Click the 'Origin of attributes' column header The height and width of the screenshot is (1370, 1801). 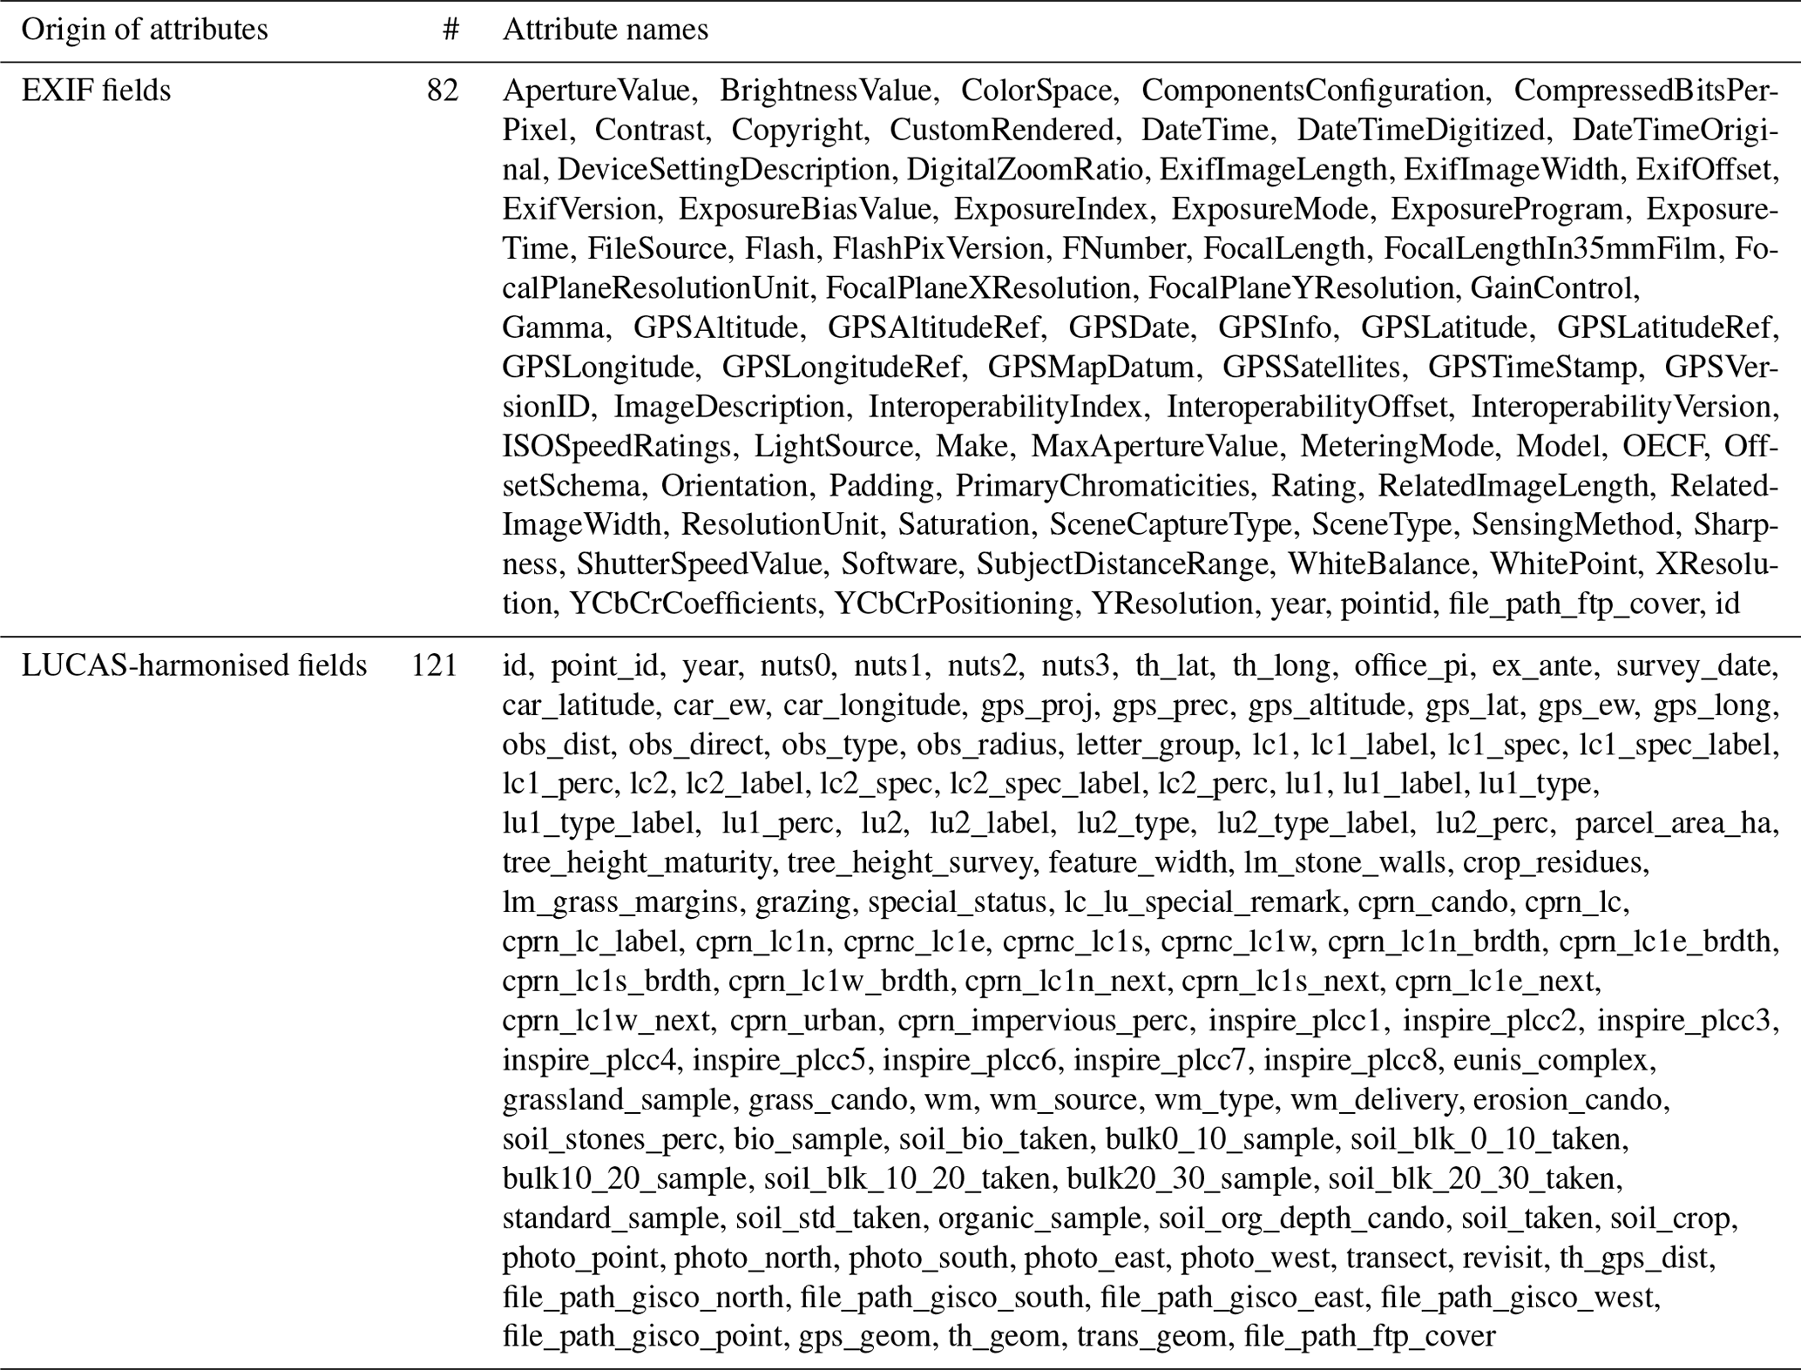[x=144, y=30]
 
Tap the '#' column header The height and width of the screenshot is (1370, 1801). [x=450, y=30]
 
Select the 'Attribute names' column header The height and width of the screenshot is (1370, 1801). [x=605, y=30]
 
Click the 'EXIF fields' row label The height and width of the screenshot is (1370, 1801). [x=96, y=91]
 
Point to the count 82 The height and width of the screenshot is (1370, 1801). [x=443, y=91]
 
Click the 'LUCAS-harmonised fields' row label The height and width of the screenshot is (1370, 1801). [x=193, y=665]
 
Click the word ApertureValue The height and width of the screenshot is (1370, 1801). [x=596, y=91]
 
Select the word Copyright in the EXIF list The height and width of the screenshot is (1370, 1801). [x=797, y=130]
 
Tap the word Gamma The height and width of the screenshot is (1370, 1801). [x=553, y=327]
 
